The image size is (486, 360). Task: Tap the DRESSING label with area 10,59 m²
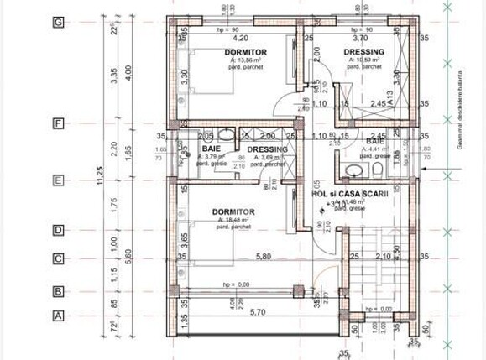tap(364, 52)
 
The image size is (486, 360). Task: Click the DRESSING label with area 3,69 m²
tap(268, 149)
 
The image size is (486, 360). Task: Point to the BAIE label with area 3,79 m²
tap(211, 149)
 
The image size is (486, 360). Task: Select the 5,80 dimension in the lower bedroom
tap(241, 256)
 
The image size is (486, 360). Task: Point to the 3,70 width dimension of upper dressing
tap(361, 39)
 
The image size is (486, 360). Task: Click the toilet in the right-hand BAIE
tap(379, 170)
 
